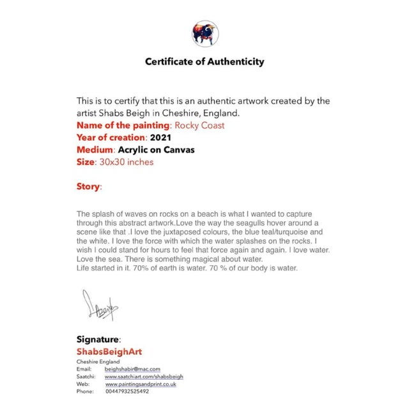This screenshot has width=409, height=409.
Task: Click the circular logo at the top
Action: pos(204,33)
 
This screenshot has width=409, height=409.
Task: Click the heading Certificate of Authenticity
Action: pos(204,62)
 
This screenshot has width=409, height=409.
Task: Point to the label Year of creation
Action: pos(111,137)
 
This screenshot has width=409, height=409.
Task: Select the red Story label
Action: pos(88,187)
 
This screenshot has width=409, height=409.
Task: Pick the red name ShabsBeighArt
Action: pos(109,351)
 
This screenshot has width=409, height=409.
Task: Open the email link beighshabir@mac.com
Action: pos(132,369)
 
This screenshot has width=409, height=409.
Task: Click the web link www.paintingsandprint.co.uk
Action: pos(141,383)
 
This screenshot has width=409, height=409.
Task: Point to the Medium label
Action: pos(95,150)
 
